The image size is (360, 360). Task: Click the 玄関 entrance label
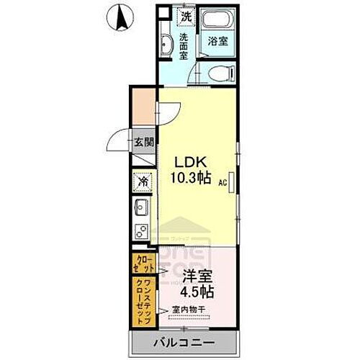click(143, 143)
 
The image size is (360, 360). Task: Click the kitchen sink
click(141, 210)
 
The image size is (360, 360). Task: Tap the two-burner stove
click(142, 233)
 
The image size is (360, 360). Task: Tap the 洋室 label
click(197, 276)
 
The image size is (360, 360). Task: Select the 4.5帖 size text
click(196, 293)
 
